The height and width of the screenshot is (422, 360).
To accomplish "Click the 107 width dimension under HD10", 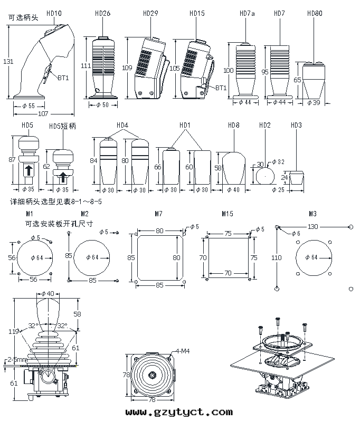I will click(43, 113).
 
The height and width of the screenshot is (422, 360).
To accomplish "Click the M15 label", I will click(228, 214).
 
